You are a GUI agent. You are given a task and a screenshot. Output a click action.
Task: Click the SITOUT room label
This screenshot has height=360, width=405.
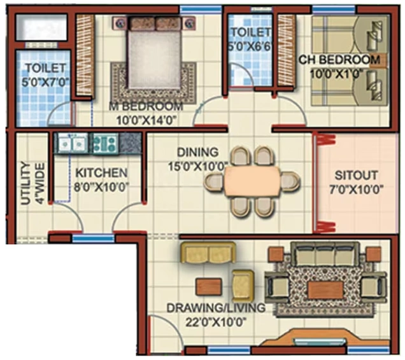tap(356, 176)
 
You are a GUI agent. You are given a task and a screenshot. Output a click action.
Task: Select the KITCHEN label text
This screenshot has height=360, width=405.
tap(101, 173)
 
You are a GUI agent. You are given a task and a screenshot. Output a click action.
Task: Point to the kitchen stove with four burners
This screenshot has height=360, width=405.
tap(104, 144)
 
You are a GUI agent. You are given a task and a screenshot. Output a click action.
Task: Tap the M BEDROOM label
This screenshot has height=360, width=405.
tap(146, 107)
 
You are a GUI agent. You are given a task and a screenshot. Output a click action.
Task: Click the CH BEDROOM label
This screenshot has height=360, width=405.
tap(339, 60)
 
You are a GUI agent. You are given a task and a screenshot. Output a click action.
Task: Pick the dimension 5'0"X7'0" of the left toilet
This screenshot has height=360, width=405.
tap(45, 83)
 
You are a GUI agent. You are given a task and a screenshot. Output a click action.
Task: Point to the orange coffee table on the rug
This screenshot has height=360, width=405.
tap(325, 289)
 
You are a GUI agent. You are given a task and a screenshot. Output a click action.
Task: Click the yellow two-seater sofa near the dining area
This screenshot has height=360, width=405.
tap(208, 253)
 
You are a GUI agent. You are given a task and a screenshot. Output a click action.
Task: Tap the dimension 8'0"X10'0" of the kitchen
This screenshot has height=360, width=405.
tap(101, 188)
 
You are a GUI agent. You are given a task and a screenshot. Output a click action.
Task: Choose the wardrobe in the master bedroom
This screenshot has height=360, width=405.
tap(85, 55)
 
